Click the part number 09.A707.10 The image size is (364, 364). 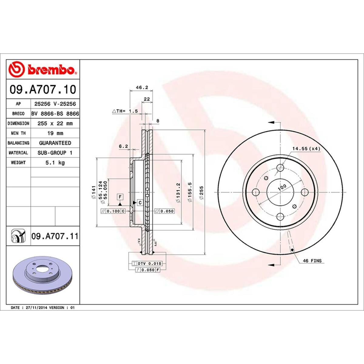click(x=43, y=90)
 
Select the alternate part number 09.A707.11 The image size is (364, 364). click(x=55, y=236)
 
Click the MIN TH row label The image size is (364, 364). click(x=18, y=133)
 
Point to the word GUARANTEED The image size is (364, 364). click(x=55, y=143)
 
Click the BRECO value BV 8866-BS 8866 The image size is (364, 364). click(x=55, y=114)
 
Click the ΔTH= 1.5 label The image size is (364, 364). click(x=125, y=111)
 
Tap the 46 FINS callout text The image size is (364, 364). click(x=312, y=261)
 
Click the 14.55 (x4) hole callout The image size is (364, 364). click(x=306, y=148)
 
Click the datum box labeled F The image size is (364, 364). click(x=120, y=197)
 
